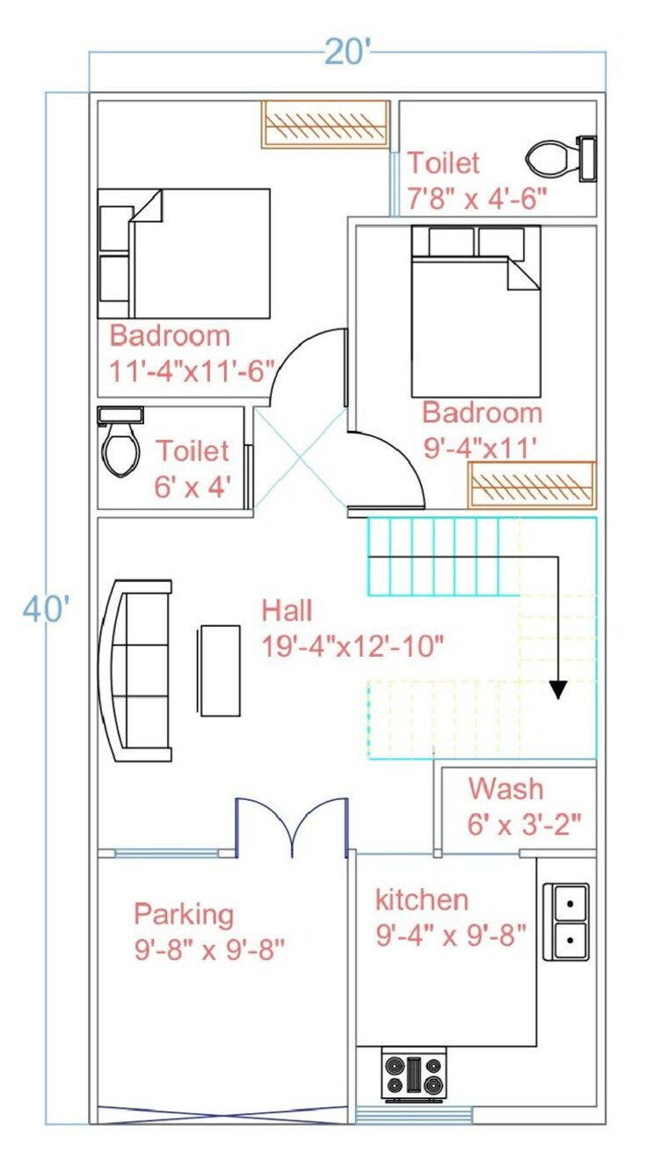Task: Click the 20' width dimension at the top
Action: [348, 53]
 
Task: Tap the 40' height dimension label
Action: [45, 608]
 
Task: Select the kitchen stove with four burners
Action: [414, 1074]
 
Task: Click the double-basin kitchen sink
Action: [567, 921]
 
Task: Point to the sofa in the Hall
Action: [136, 670]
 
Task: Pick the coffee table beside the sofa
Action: [220, 670]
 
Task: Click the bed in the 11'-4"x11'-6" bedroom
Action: [184, 253]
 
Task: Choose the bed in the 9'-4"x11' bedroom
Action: [476, 311]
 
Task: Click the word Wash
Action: [506, 788]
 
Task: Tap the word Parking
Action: [184, 914]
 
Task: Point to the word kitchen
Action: [421, 899]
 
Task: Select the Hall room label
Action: [287, 610]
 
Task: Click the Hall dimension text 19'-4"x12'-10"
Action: [353, 646]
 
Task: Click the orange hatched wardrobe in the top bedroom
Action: [325, 124]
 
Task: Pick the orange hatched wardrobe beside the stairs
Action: [531, 484]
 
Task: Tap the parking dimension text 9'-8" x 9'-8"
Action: [210, 950]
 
